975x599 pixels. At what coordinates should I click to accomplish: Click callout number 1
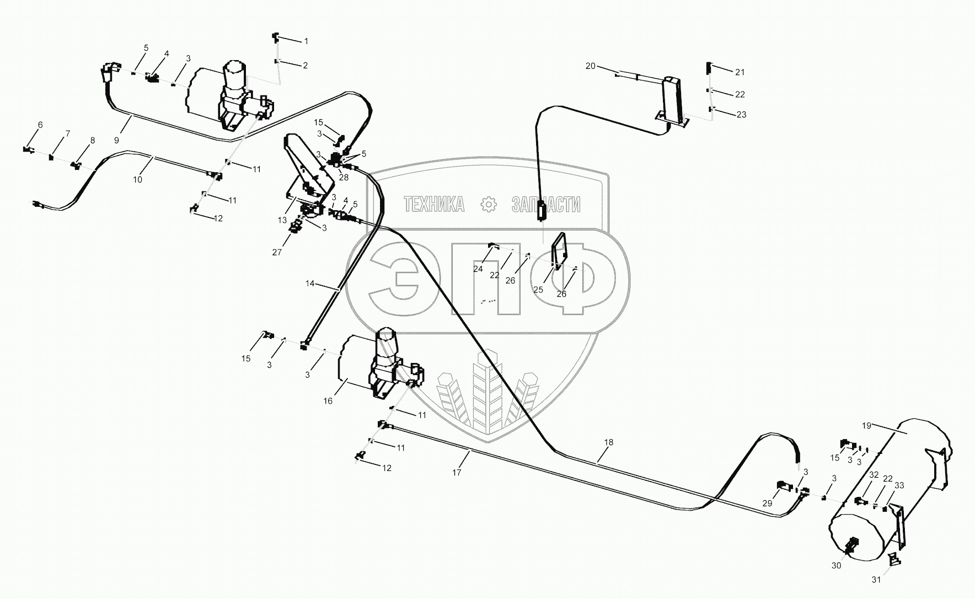tap(306, 41)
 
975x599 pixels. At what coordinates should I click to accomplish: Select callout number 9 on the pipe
tap(116, 140)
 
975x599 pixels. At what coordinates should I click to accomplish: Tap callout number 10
tap(137, 179)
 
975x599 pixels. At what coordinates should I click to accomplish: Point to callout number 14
tap(310, 284)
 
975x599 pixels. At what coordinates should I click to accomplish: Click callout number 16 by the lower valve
tap(328, 401)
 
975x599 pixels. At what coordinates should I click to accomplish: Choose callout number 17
tap(457, 472)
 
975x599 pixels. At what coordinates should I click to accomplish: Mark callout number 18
tap(609, 442)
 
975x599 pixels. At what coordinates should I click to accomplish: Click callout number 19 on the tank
tap(866, 425)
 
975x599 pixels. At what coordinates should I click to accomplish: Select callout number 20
tap(590, 66)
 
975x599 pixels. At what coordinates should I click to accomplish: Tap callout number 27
tap(277, 252)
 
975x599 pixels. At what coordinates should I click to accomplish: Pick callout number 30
tap(837, 565)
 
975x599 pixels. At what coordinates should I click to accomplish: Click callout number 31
tap(876, 579)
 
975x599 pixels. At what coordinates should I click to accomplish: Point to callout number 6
tap(40, 125)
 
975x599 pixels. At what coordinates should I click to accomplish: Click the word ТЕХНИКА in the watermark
tap(434, 205)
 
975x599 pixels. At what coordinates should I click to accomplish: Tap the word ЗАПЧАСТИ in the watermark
tap(546, 205)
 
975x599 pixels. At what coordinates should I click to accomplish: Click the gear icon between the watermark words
tap(488, 205)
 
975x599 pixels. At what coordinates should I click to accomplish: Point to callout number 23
tap(741, 114)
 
